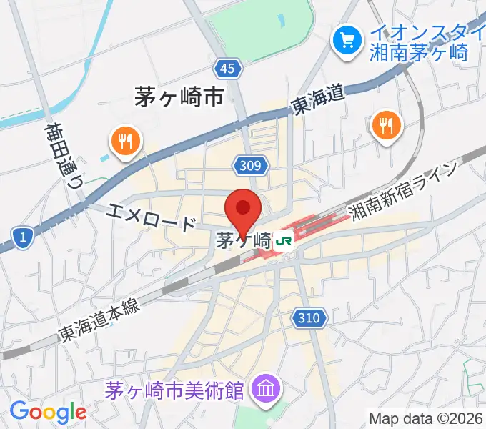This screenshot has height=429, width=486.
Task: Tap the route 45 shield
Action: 227,68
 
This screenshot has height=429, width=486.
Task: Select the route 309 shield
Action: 251,167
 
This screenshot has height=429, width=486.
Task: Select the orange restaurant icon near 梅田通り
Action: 126,140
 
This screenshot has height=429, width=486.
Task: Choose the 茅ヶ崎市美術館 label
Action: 174,390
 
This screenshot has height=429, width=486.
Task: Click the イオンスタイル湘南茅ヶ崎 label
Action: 427,42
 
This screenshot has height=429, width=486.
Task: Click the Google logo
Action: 48,412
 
